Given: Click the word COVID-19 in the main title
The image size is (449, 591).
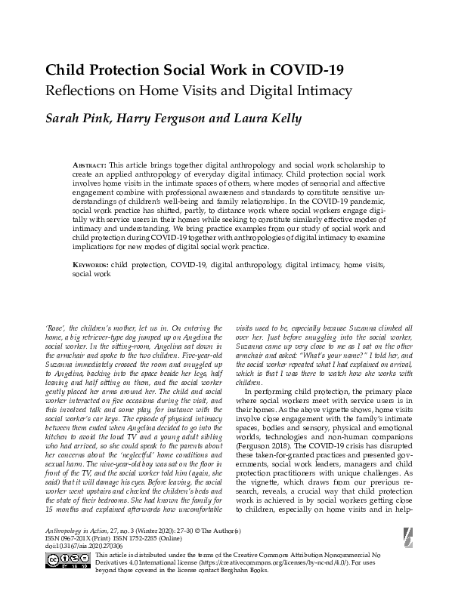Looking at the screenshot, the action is coord(301,70).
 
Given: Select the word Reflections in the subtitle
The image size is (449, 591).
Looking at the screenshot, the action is coord(86,92).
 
